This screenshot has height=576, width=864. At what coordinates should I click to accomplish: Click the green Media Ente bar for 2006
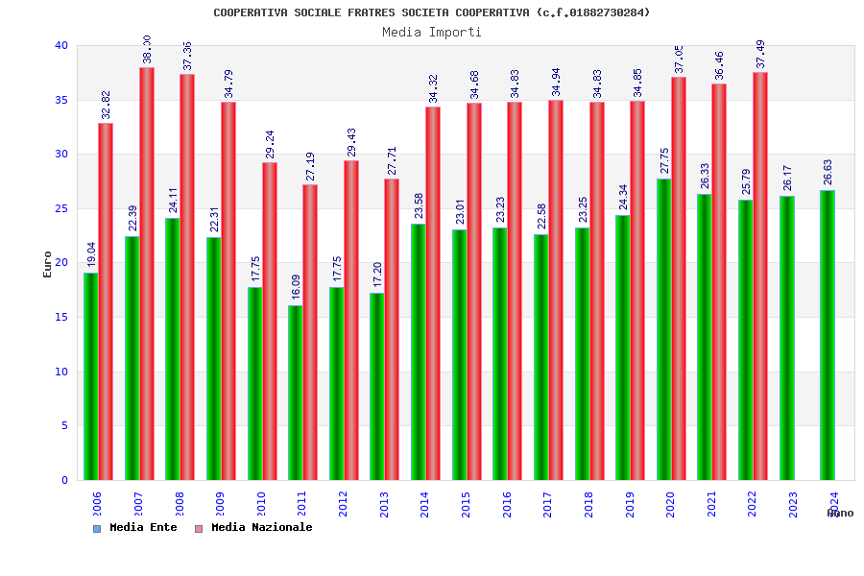[x=90, y=376]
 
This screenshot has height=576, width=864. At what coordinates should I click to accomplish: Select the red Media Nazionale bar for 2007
[x=147, y=274]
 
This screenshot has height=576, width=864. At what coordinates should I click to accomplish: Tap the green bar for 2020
[x=664, y=329]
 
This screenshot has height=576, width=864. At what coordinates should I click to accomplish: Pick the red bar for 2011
[x=310, y=332]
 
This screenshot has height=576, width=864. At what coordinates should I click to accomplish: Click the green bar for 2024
[x=828, y=335]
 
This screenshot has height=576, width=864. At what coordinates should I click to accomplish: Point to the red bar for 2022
[x=760, y=276]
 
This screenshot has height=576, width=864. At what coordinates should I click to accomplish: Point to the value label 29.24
[x=270, y=145]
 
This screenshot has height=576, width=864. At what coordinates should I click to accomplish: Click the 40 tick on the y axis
[x=61, y=45]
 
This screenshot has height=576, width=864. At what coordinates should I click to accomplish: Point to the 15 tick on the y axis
[x=61, y=317]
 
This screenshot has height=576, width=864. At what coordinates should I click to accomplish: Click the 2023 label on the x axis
[x=793, y=504]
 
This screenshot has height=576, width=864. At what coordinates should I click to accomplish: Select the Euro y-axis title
[x=48, y=264]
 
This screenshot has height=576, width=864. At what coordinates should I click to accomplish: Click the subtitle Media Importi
[x=432, y=32]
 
